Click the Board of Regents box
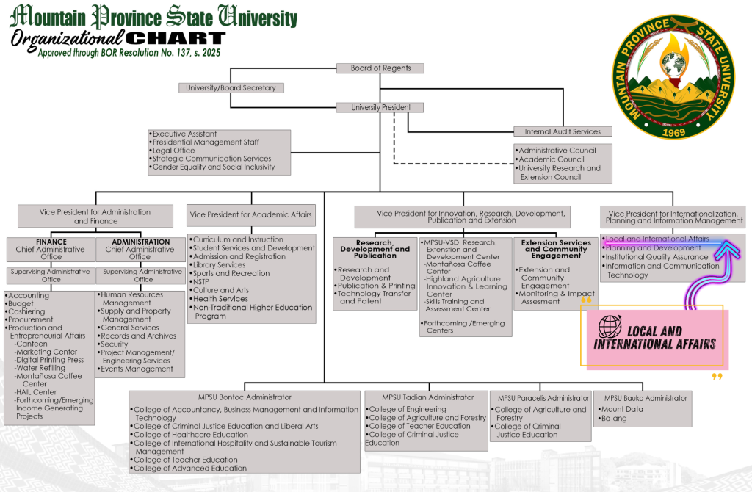pyautogui.click(x=380, y=68)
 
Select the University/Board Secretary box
pyautogui.click(x=231, y=88)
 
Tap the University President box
pyautogui.click(x=380, y=107)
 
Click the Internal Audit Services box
pyautogui.click(x=563, y=131)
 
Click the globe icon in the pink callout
pyautogui.click(x=609, y=326)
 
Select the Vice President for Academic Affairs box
pyautogui.click(x=251, y=215)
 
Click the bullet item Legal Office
pyautogui.click(x=173, y=151)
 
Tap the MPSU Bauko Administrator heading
pyautogui.click(x=643, y=398)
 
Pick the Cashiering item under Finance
pyautogui.click(x=26, y=311)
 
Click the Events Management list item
pyautogui.click(x=137, y=369)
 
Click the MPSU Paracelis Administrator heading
pyautogui.click(x=543, y=398)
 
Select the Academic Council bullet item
pyautogui.click(x=552, y=159)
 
